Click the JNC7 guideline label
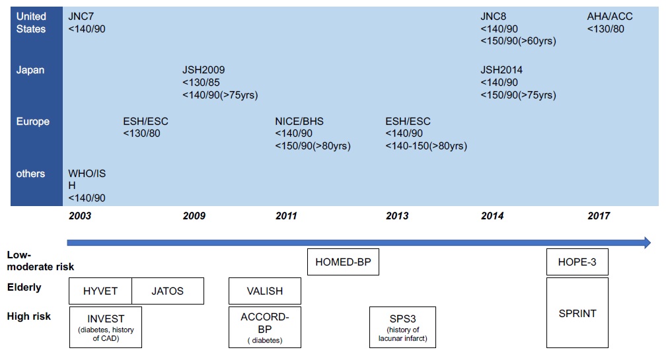81,17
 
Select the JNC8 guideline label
493,17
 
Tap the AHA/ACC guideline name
610,17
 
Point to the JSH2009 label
204,69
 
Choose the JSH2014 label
502,69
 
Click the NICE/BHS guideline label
299,122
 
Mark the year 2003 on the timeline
80,215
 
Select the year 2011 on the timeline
286,215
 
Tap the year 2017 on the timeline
599,215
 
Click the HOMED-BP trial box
343,262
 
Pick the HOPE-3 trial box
577,262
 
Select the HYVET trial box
100,291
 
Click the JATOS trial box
168,291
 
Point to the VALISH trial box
265,291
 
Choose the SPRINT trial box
577,312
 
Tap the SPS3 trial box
402,327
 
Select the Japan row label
30,70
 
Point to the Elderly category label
24,287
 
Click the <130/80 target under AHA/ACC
605,29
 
